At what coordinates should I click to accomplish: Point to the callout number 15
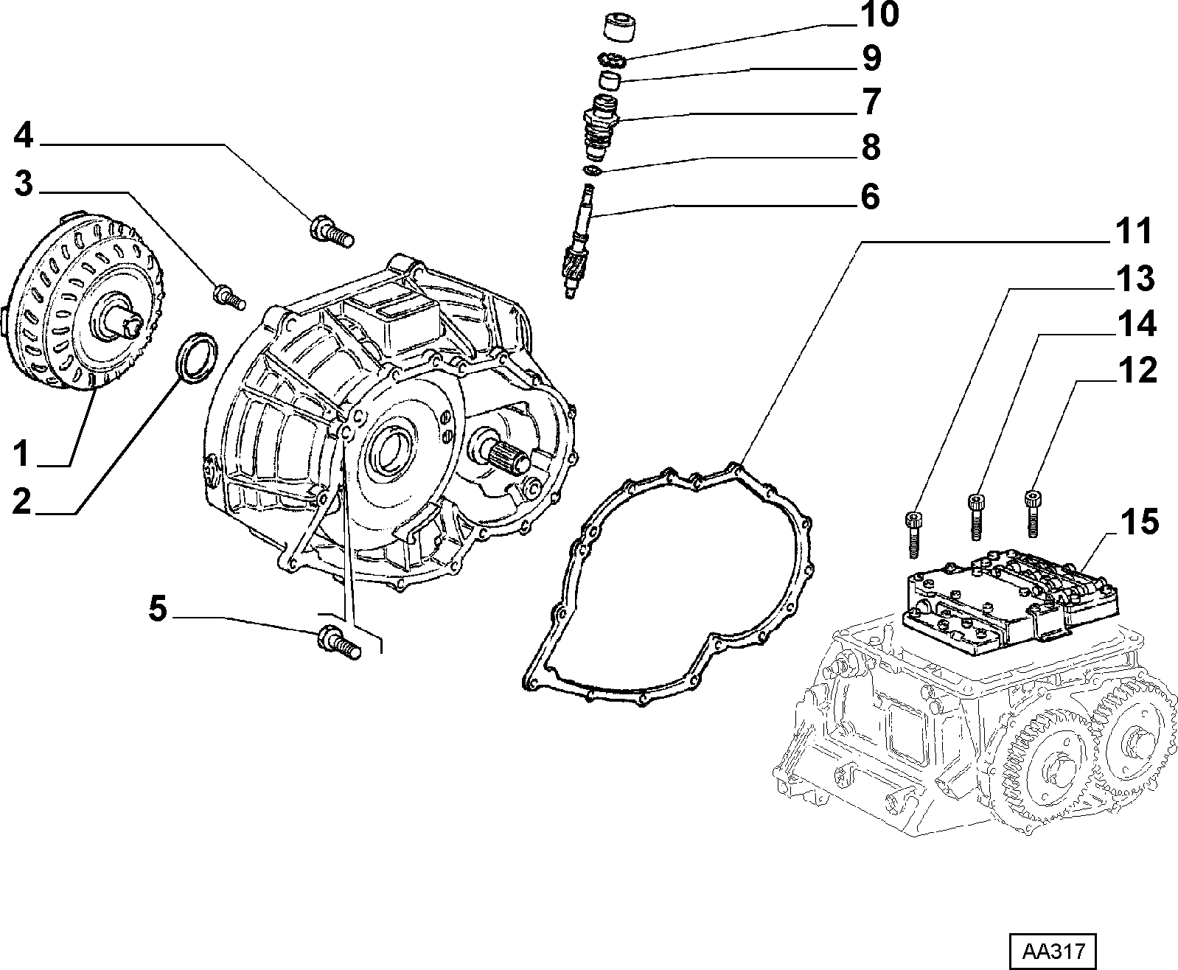coord(1140,521)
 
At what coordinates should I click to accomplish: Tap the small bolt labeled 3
coord(229,296)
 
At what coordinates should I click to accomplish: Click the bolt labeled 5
coord(338,640)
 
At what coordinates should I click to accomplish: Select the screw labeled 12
coord(1034,512)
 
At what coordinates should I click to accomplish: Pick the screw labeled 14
coord(977,518)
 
